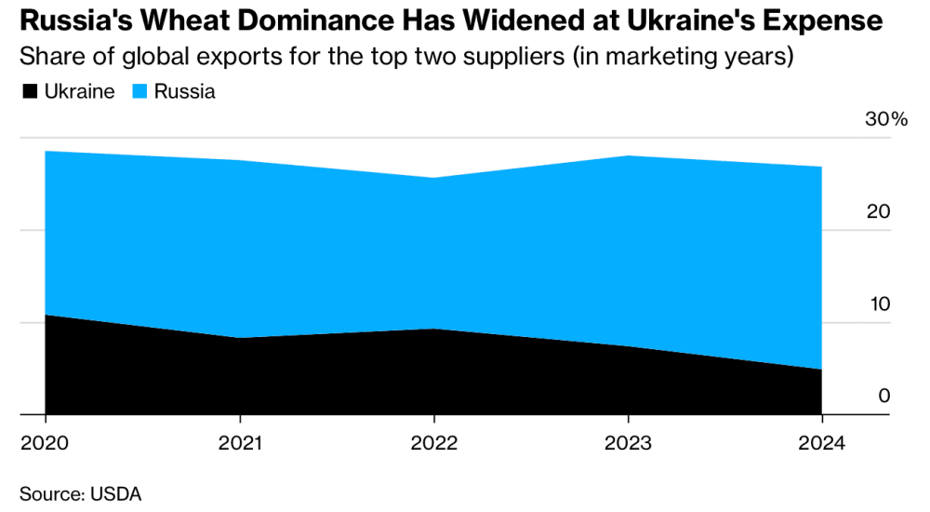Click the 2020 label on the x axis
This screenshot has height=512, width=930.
[x=44, y=444]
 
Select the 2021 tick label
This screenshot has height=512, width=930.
[x=241, y=444]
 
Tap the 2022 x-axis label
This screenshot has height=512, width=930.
[x=434, y=444]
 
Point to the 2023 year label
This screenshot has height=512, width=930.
[x=629, y=444]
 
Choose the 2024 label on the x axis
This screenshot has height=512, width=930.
[x=822, y=444]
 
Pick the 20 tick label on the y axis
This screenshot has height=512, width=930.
[x=878, y=211]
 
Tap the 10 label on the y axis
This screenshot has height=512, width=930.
[x=878, y=303]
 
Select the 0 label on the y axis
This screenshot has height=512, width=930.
[x=884, y=396]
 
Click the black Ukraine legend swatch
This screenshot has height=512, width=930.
[x=29, y=91]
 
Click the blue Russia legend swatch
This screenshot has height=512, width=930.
[x=139, y=91]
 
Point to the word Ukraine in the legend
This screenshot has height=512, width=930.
[x=79, y=91]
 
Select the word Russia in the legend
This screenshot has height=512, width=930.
[x=185, y=91]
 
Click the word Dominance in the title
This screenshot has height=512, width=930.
[x=295, y=21]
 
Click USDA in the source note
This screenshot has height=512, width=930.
[x=116, y=493]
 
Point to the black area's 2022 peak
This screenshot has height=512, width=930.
[x=434, y=329]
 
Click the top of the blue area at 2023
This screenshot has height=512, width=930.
[x=629, y=155]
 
